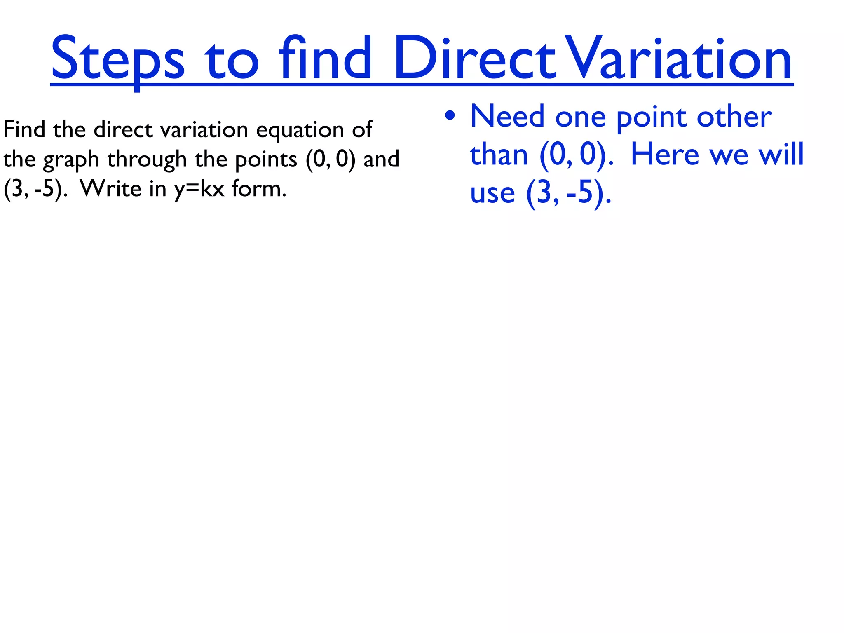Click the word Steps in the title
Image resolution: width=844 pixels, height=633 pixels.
[x=117, y=60]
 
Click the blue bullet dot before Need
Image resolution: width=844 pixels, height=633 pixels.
[x=450, y=116]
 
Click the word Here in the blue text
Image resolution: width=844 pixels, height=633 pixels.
[x=665, y=155]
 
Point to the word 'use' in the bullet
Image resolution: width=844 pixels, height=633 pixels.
[x=492, y=194]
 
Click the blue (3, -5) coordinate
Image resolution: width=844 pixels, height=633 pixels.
[x=568, y=193]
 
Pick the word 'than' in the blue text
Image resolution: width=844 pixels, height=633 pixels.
[x=499, y=155]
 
